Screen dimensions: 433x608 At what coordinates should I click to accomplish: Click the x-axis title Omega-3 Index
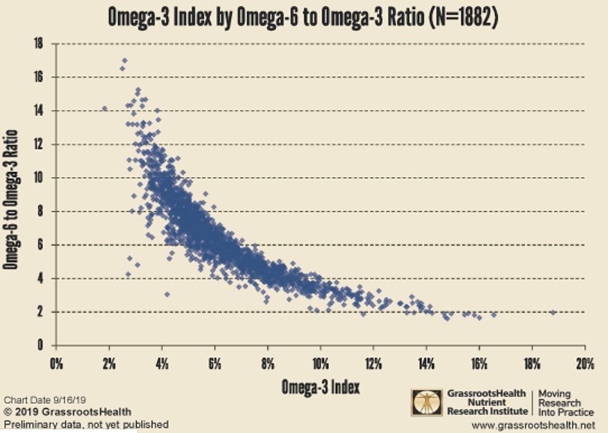[320, 387]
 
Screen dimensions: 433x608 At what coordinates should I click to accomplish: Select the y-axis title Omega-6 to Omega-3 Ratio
[13, 194]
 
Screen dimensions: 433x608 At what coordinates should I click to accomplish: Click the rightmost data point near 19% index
[553, 313]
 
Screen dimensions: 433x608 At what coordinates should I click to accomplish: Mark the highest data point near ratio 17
[124, 61]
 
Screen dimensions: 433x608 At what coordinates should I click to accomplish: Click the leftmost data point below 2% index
[105, 108]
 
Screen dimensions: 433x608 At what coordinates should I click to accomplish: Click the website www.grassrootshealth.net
[544, 425]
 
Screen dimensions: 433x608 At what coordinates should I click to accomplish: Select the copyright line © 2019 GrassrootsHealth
[67, 411]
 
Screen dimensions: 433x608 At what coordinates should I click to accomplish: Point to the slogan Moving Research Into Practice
[565, 402]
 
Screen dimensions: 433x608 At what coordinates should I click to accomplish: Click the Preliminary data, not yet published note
[86, 424]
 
